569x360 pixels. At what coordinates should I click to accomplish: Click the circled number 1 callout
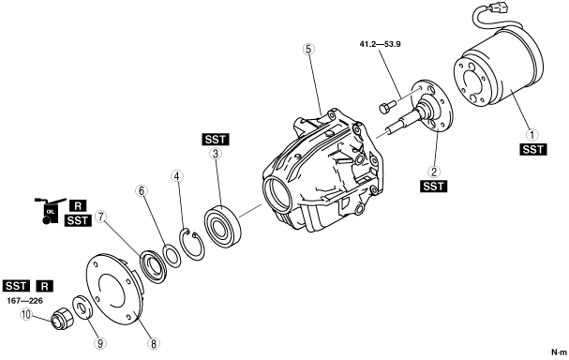(532, 135)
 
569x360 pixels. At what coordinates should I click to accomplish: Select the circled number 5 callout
(308, 49)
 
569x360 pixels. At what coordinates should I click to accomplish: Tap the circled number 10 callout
(26, 315)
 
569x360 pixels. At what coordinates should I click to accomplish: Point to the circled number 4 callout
(177, 176)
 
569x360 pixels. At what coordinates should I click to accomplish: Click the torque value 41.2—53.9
(380, 45)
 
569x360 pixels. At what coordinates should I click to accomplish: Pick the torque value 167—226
(24, 301)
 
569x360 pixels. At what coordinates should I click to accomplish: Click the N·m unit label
(559, 352)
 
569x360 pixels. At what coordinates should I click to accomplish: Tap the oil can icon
(49, 211)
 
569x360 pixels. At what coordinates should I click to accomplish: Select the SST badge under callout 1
(533, 149)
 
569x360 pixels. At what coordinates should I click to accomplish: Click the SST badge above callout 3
(216, 140)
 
